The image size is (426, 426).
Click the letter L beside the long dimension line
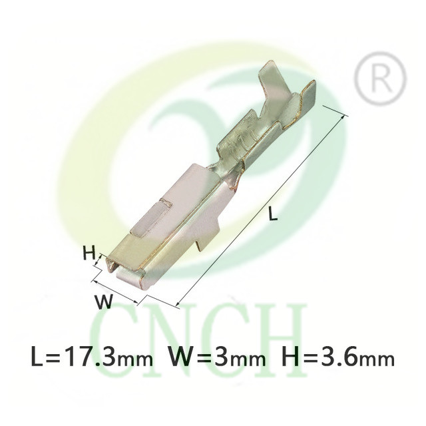click(272, 213)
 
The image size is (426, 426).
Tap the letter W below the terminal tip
click(103, 302)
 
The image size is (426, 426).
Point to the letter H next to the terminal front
click(89, 253)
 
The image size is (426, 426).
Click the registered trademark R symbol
click(381, 79)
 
